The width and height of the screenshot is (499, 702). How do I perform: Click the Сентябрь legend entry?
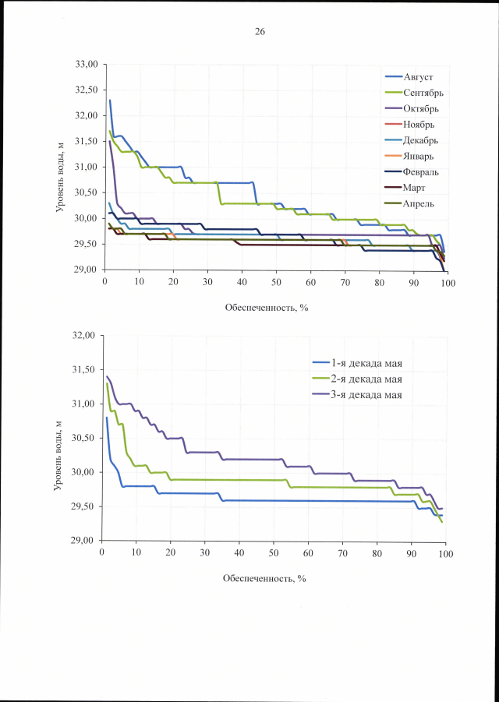[424, 93]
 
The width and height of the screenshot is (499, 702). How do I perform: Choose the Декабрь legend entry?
[421, 141]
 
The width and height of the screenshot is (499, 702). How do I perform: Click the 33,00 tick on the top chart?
[83, 64]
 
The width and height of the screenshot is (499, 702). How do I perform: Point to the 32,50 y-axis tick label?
[83, 90]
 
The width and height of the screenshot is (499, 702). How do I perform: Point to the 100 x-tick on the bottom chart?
[445, 553]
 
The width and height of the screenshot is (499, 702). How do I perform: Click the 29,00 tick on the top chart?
[83, 270]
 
